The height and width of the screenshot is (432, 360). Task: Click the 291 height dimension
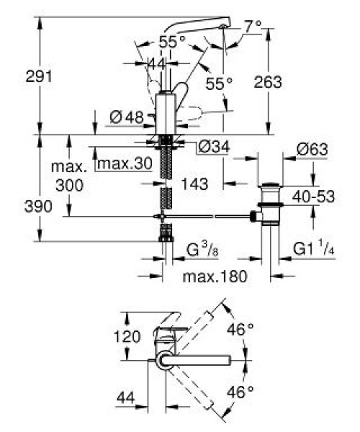point(39,76)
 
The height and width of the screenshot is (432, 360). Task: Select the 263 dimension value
point(268,82)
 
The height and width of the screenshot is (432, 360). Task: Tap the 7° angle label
point(253,27)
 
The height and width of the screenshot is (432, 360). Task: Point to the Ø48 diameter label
point(127,117)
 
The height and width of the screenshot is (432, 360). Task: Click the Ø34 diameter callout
point(214,147)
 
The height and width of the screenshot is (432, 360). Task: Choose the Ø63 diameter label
point(312,150)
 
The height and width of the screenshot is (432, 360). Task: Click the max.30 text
point(125,163)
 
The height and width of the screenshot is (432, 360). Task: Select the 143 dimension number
point(194,184)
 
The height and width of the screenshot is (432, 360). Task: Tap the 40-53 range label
point(313,197)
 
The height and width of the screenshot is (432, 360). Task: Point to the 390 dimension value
point(38,207)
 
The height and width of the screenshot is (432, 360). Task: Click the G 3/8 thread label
point(202,250)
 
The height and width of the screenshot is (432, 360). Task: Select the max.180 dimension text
point(215,276)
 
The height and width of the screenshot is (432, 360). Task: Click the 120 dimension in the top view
point(127,336)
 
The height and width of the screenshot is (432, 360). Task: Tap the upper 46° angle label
point(240,329)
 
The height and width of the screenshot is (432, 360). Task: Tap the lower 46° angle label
point(240,392)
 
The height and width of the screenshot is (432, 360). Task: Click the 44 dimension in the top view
point(126,398)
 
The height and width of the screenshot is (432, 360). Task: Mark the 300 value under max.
point(69,185)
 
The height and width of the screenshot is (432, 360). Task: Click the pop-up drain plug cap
point(271,184)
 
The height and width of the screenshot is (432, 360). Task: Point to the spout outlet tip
point(222,27)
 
